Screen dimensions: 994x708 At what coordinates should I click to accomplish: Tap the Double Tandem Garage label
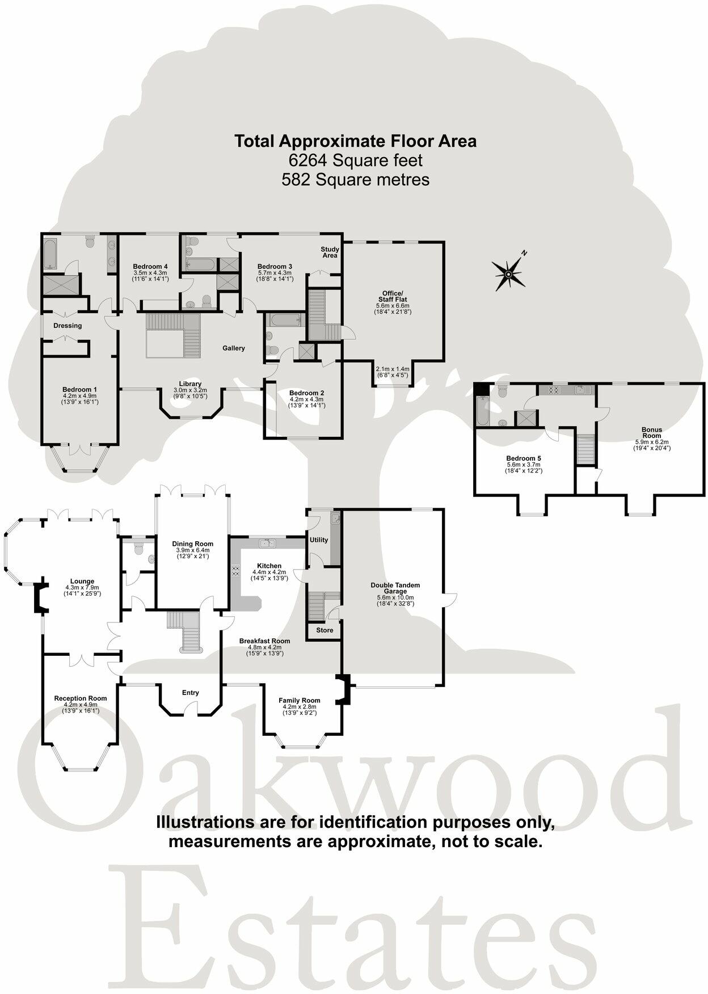tap(395, 588)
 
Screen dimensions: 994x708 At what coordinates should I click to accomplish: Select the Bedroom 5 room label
tap(524, 458)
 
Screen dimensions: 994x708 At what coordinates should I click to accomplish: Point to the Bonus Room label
tap(652, 432)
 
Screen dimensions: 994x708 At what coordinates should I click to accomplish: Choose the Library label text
tap(190, 384)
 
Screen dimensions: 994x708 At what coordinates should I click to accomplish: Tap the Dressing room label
tap(68, 326)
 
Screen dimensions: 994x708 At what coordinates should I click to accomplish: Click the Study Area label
tap(330, 252)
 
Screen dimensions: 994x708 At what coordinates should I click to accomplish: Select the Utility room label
tap(319, 540)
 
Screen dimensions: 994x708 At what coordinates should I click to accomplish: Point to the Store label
tap(324, 630)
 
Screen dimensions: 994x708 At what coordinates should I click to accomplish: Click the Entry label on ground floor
tap(191, 692)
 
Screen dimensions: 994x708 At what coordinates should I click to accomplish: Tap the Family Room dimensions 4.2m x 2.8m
tap(299, 706)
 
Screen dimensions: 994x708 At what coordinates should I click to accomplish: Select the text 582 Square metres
tap(355, 180)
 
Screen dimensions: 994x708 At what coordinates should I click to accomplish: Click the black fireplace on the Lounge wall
tap(39, 598)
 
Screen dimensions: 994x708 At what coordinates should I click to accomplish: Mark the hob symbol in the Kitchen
tap(235, 570)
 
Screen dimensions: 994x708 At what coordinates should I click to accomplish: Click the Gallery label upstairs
tap(233, 348)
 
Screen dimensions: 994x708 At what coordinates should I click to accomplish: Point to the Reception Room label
tap(81, 698)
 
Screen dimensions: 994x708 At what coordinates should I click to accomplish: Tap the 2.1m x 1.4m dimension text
tap(393, 369)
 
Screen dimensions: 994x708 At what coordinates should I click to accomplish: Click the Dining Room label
tap(193, 544)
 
